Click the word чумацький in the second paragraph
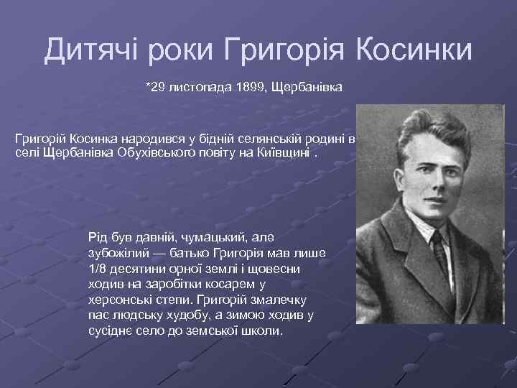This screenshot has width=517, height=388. (210, 236)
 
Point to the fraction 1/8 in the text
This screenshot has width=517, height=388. (96, 268)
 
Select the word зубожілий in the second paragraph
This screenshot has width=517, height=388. (116, 252)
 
